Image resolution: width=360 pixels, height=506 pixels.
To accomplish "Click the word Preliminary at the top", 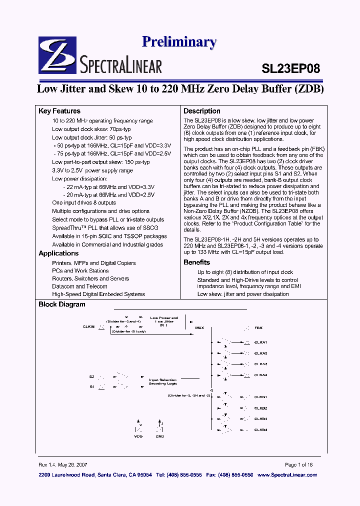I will pyautogui.click(x=179, y=42).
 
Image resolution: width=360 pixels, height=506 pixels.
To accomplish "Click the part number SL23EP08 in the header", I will pyautogui.click(x=290, y=68).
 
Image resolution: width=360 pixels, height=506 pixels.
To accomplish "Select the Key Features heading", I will pyautogui.click(x=59, y=111).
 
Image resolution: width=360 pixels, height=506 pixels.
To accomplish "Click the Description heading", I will pyautogui.click(x=201, y=111).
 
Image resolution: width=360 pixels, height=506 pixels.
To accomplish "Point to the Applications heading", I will pyautogui.click(x=58, y=253).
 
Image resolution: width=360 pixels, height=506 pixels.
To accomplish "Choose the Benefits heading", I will pyautogui.click(x=196, y=262).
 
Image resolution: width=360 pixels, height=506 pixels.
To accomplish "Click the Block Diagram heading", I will pyautogui.click(x=62, y=304).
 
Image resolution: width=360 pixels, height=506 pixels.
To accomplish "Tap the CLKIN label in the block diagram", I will pyautogui.click(x=88, y=326).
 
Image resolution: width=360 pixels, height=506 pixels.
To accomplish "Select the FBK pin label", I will pyautogui.click(x=258, y=328).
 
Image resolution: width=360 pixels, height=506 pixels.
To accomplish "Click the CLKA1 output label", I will pyautogui.click(x=260, y=342).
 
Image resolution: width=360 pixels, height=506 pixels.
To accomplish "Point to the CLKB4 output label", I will pyautogui.click(x=260, y=429).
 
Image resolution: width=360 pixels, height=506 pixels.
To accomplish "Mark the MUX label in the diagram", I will pyautogui.click(x=199, y=328).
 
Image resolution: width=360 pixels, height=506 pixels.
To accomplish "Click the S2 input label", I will pyautogui.click(x=92, y=376).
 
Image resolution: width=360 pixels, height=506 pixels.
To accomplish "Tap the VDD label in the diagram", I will pyautogui.click(x=138, y=436).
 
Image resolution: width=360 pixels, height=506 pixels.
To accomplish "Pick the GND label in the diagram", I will pyautogui.click(x=160, y=436).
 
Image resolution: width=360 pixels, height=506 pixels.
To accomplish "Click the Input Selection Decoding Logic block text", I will pyautogui.click(x=162, y=382).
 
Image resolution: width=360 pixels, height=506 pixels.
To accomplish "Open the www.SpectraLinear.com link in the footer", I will pyautogui.click(x=287, y=474).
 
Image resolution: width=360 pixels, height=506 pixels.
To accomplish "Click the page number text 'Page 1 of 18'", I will pyautogui.click(x=298, y=464).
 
